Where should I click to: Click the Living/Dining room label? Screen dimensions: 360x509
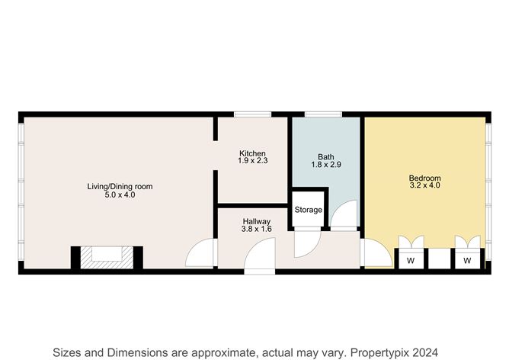pyautogui.click(x=120, y=186)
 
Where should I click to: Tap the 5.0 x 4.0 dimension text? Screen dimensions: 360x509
pyautogui.click(x=120, y=195)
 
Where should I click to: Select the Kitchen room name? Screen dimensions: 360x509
pyautogui.click(x=252, y=153)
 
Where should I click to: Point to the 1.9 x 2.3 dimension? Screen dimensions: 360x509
pyautogui.click(x=252, y=161)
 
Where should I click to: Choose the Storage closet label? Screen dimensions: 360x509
pyautogui.click(x=309, y=210)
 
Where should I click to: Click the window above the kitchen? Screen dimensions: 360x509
pyautogui.click(x=252, y=114)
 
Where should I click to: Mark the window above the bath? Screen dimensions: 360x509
pyautogui.click(x=323, y=114)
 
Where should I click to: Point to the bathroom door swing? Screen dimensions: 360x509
pyautogui.click(x=347, y=215)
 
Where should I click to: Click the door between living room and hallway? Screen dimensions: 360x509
pyautogui.click(x=201, y=254)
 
